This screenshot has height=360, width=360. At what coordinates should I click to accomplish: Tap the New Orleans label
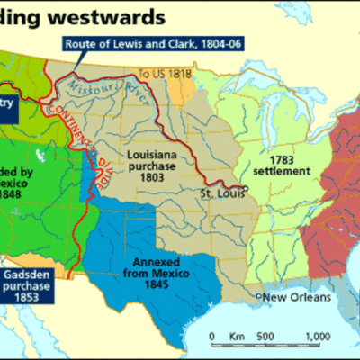(x=294, y=297)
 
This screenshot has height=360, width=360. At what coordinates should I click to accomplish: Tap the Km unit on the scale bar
(x=238, y=336)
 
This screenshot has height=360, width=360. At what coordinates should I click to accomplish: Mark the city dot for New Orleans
(x=257, y=296)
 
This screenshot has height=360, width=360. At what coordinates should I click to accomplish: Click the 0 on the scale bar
(x=212, y=336)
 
